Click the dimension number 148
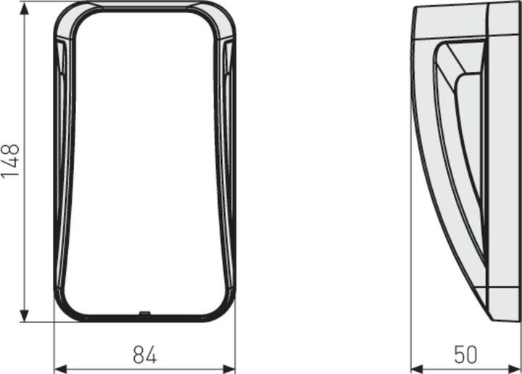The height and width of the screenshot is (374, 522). (x=11, y=160)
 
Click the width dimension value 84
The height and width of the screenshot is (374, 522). (x=145, y=355)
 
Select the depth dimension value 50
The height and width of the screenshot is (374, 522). (x=466, y=355)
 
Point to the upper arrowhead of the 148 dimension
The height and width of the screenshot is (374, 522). (x=25, y=7)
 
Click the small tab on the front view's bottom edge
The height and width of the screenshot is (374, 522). (x=144, y=314)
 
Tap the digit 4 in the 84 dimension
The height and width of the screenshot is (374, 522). (x=152, y=355)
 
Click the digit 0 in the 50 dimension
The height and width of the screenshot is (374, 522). (x=473, y=355)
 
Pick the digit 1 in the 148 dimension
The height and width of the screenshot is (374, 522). (x=11, y=174)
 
